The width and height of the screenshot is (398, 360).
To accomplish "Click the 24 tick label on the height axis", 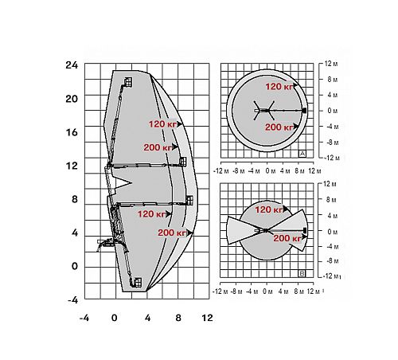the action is pos(72,65).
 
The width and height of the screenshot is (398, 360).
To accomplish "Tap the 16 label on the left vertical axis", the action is pos(72,132).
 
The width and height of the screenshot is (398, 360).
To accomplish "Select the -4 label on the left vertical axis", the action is pos(73,300).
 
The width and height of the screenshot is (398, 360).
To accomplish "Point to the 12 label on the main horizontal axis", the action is pos(207,318).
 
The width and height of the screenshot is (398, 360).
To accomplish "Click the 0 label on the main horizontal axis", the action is pos(115,318).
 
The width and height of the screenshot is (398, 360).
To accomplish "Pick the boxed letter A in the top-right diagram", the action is pos(302,154).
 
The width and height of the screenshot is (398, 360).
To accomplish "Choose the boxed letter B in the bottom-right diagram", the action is pos(302,273).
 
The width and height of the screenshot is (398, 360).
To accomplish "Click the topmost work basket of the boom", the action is pos(128,82).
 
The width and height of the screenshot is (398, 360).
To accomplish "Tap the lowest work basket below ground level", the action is pos(138,283).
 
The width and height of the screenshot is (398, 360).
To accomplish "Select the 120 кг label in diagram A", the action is pos(279,87).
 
